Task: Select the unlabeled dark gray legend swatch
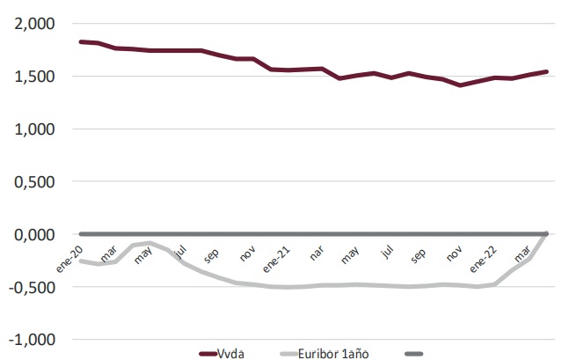coord(413,353)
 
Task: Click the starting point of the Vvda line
coord(81,41)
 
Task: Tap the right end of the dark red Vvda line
coord(546,72)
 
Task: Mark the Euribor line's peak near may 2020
coord(150,243)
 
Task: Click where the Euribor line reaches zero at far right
coord(546,234)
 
